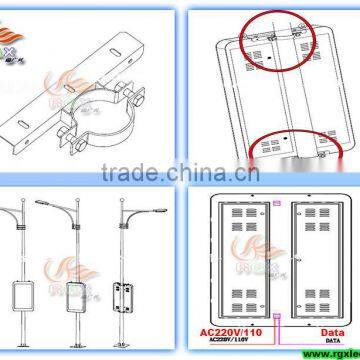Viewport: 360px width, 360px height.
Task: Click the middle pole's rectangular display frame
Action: pyautogui.click(x=72, y=297)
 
